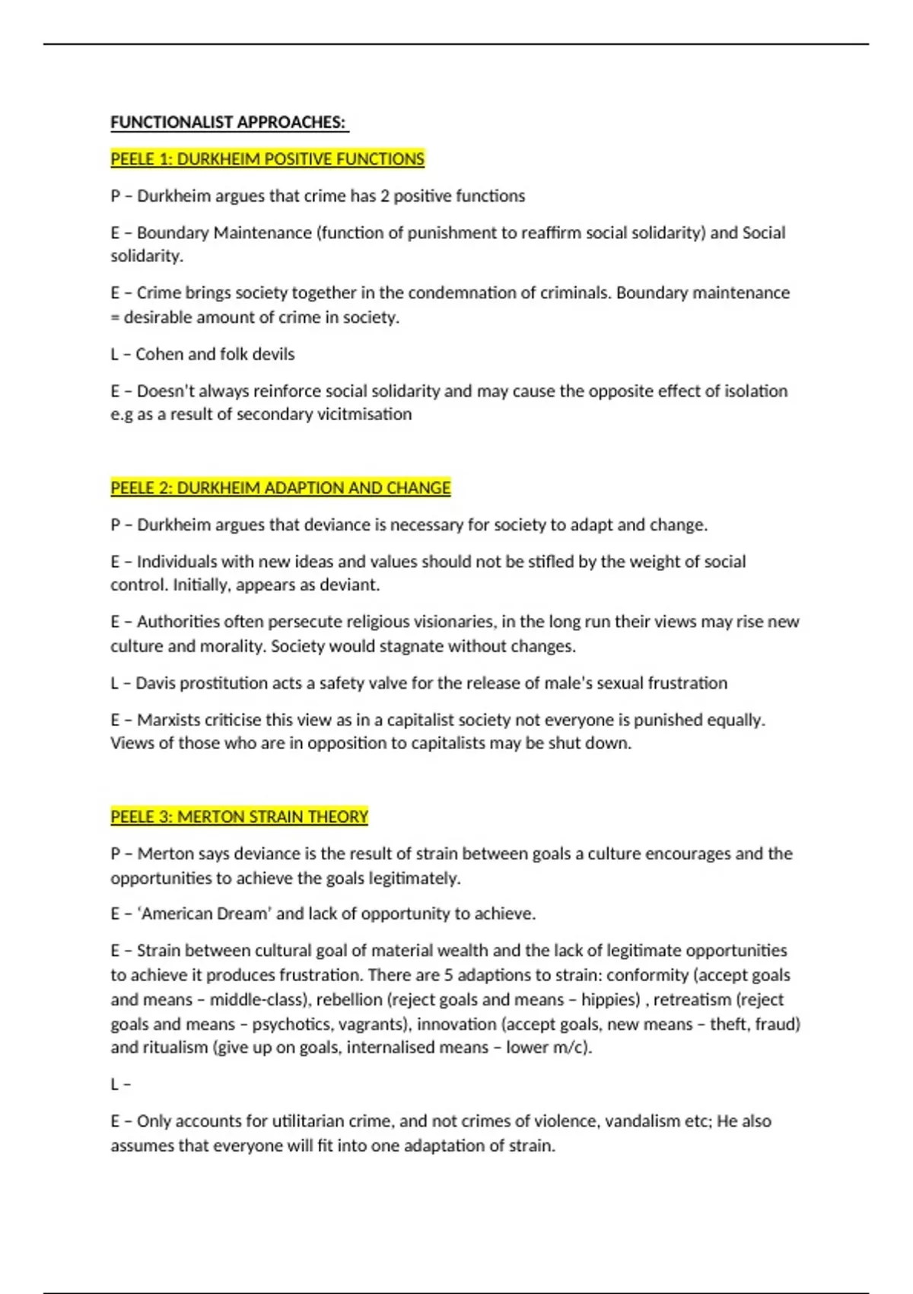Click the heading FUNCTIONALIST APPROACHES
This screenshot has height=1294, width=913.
[228, 123]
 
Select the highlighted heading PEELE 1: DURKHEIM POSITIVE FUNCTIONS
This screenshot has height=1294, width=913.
[267, 159]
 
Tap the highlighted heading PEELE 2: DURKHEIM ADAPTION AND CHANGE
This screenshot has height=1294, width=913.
[280, 488]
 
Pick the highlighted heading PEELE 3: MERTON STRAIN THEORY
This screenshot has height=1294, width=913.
[239, 817]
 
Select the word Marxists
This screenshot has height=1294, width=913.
[168, 720]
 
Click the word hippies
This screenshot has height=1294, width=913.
[610, 1000]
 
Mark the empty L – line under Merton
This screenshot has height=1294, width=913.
[121, 1085]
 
